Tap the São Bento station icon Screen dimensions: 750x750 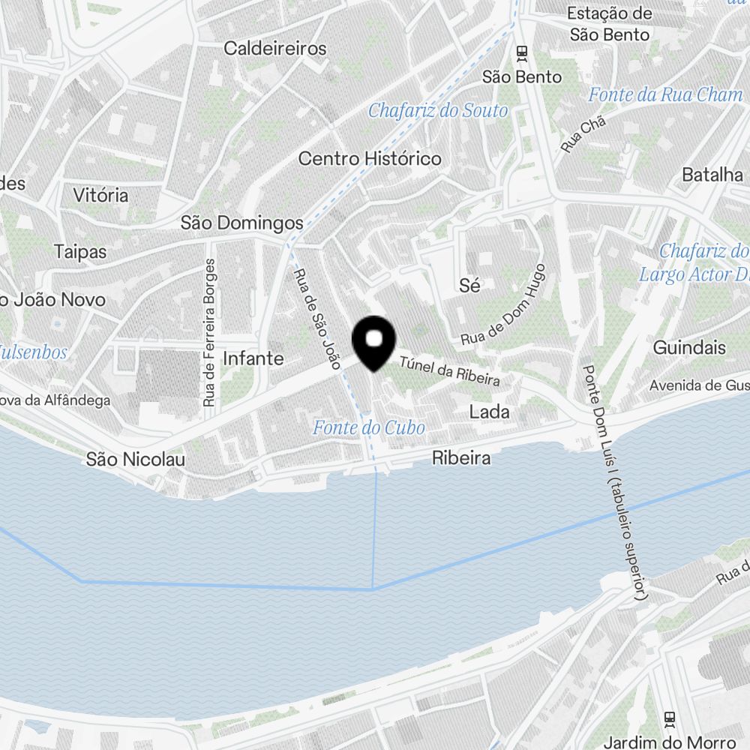tap(522, 53)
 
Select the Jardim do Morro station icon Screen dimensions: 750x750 tap(670, 719)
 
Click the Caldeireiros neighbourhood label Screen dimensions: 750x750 tap(275, 49)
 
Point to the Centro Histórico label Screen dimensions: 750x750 tap(370, 159)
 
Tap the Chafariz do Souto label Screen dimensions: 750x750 tap(438, 111)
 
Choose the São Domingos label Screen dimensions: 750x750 tap(242, 223)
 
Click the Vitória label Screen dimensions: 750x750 tap(100, 196)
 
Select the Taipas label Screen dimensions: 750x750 tap(80, 251)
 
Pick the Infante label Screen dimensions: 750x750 tap(253, 358)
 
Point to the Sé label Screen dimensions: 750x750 tap(469, 285)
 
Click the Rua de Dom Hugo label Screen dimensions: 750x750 tap(504, 304)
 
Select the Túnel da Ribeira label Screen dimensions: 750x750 tap(449, 370)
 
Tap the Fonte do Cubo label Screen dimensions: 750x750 tap(369, 428)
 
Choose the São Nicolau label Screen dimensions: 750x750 tap(135, 459)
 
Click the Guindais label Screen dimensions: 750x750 tap(689, 348)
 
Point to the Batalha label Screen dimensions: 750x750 tap(712, 175)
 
